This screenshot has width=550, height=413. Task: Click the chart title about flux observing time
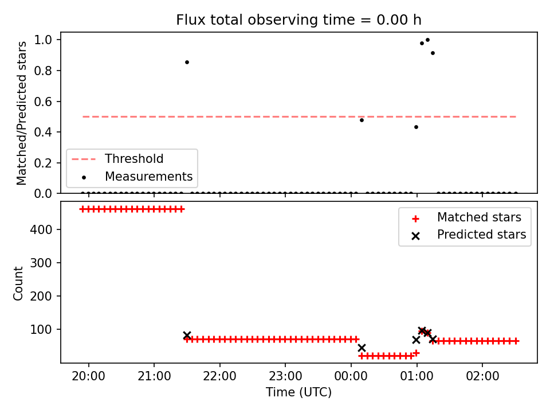(x=298, y=20)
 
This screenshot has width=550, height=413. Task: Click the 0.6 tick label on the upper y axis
(x=43, y=102)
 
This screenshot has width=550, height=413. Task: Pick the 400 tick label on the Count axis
(x=41, y=229)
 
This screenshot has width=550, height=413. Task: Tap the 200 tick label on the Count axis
(x=41, y=296)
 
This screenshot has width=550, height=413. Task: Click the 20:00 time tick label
(x=88, y=376)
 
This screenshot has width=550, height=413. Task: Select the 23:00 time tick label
(x=285, y=376)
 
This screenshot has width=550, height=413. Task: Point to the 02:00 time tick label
(x=482, y=376)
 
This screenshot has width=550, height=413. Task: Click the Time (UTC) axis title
(x=298, y=392)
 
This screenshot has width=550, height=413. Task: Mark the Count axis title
(x=18, y=284)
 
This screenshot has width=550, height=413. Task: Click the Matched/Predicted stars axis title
(x=21, y=113)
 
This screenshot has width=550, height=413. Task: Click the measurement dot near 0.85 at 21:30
(x=187, y=62)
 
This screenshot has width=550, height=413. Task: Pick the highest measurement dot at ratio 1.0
(x=427, y=40)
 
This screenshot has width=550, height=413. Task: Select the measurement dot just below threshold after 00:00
(x=362, y=120)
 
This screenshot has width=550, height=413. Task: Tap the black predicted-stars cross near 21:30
(x=187, y=335)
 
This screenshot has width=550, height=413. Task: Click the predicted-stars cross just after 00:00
(x=362, y=348)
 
